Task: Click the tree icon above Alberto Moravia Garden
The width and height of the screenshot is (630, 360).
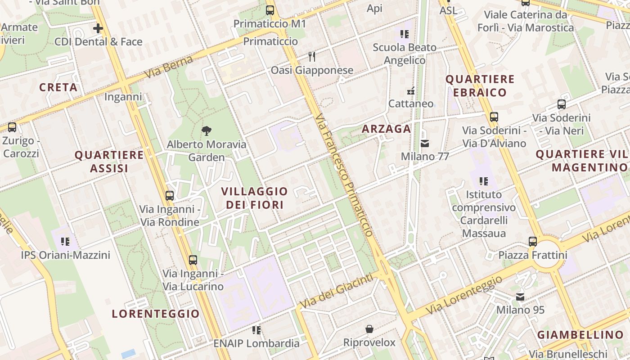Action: tap(207, 131)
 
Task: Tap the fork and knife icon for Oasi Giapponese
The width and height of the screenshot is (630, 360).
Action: tap(312, 57)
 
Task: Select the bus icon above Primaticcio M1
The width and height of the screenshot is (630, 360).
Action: tap(270, 10)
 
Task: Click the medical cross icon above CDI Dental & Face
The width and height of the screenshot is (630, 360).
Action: tap(98, 28)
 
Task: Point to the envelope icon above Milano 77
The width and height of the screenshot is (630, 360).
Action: tap(425, 144)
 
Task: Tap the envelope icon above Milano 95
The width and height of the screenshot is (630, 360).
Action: tap(520, 297)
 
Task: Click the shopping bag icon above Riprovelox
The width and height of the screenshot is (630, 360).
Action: tap(369, 329)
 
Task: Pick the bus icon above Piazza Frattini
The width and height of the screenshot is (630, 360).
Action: tap(533, 242)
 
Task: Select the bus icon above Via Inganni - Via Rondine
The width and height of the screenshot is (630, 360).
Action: tap(170, 196)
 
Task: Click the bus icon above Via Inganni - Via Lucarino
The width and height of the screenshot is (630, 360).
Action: tap(193, 260)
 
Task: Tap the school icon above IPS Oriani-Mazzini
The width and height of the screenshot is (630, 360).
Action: tap(66, 242)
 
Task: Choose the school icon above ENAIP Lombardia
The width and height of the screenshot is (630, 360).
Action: tap(256, 330)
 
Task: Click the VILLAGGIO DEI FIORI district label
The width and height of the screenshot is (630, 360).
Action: tap(255, 198)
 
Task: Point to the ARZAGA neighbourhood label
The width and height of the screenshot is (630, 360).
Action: tap(387, 129)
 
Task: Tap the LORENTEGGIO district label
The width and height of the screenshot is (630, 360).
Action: tap(156, 314)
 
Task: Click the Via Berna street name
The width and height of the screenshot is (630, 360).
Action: tap(169, 67)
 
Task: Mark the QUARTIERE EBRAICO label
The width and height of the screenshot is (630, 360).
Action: tap(480, 86)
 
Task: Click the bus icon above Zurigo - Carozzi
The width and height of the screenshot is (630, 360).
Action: tap(12, 127)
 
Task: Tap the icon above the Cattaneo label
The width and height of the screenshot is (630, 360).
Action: tap(411, 91)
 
